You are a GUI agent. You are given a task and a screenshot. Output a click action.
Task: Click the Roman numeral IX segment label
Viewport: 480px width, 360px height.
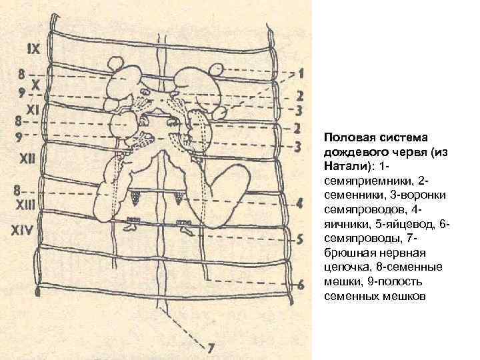pyautogui.click(x=34, y=47)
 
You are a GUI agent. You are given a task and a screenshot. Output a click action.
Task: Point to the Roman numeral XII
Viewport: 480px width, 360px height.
pyautogui.click(x=29, y=158)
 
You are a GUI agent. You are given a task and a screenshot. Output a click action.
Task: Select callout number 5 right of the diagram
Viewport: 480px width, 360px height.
pyautogui.click(x=301, y=238)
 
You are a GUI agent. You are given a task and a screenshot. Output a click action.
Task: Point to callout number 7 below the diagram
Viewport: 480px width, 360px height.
pyautogui.click(x=211, y=347)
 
